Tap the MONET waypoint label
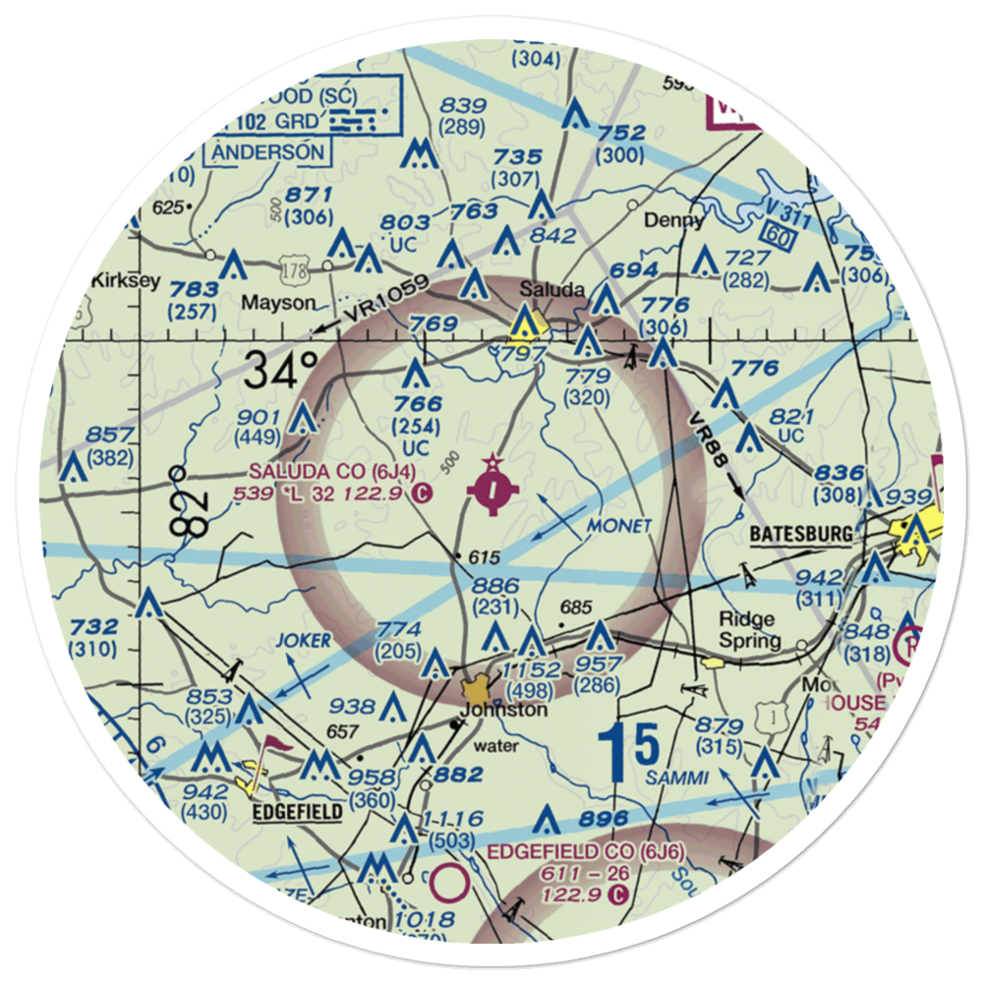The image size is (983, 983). (x=618, y=527)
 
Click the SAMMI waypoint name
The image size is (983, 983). (x=677, y=778)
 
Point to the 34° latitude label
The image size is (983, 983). (x=282, y=373)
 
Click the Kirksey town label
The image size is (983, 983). (x=125, y=281)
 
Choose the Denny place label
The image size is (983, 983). (x=673, y=221)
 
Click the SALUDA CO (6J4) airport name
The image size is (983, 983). (x=325, y=472)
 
